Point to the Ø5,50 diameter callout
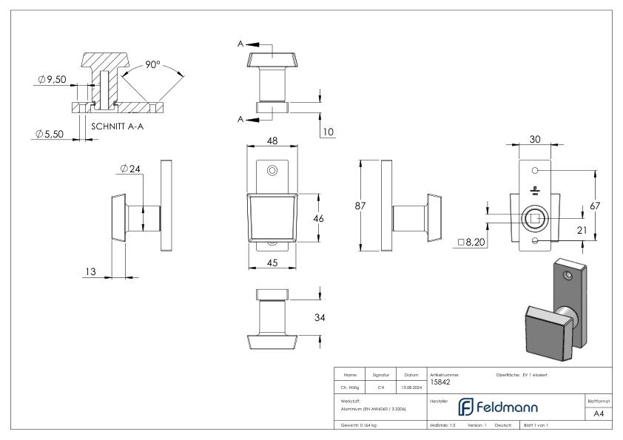coord(50,134)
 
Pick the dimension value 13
coord(90,272)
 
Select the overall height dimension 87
coord(360,206)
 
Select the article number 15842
coord(440,382)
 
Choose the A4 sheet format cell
coord(599,415)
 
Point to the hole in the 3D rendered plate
coord(568,275)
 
